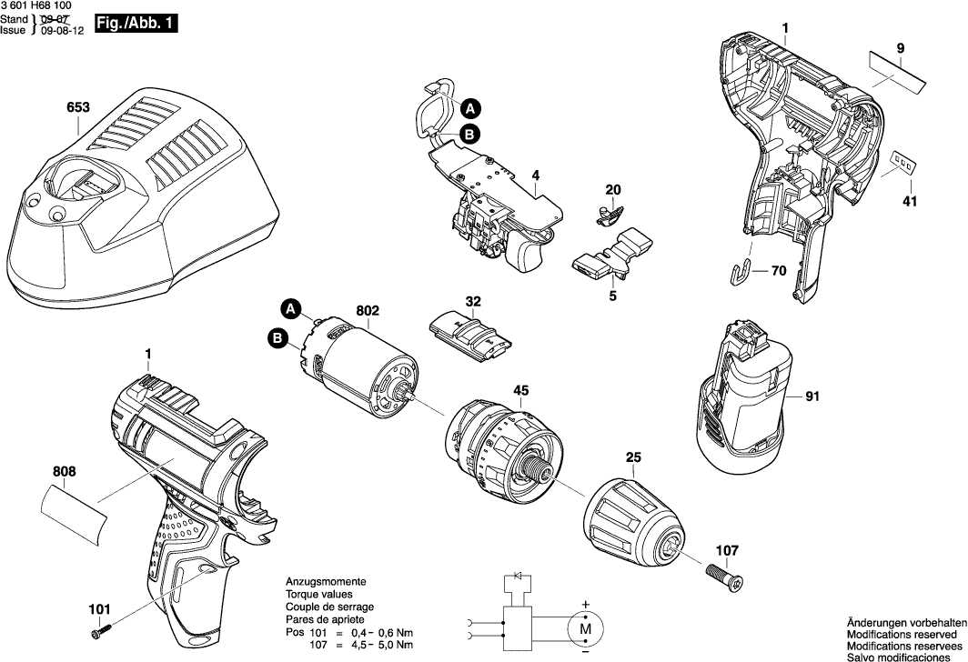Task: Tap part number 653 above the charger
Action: click(78, 107)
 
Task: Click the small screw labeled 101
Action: click(99, 629)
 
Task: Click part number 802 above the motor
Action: click(368, 311)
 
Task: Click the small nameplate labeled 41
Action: click(902, 163)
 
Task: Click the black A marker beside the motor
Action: click(290, 308)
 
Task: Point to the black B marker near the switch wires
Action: click(469, 135)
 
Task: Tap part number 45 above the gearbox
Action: click(520, 392)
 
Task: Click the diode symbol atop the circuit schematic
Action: click(519, 577)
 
